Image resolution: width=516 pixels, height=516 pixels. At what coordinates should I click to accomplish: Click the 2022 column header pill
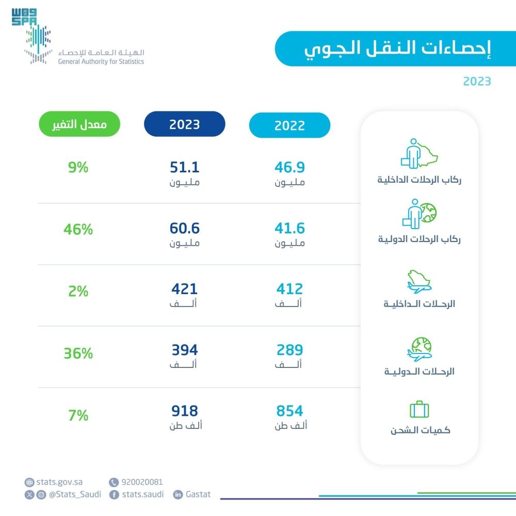point(289,125)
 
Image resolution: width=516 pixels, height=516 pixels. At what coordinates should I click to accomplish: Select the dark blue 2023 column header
point(184,124)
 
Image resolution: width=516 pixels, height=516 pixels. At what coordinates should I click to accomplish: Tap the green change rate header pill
point(79,124)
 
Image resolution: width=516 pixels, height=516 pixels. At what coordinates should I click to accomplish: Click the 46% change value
point(78,230)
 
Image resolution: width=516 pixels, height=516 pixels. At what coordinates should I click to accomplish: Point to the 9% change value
point(78,168)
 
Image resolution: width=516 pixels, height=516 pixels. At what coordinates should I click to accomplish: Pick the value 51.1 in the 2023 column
point(184,168)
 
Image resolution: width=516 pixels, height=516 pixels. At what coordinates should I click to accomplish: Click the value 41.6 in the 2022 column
point(289,229)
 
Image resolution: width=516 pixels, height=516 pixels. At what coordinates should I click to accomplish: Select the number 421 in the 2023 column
point(184,289)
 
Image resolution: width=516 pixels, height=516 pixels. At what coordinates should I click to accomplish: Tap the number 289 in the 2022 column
point(289,350)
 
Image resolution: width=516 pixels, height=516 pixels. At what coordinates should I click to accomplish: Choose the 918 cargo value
point(184,411)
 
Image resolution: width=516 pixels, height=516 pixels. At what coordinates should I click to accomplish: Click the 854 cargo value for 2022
point(289,411)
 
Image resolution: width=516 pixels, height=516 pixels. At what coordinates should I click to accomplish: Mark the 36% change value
point(78,353)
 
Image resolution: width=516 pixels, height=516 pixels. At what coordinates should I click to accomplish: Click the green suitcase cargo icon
point(419,410)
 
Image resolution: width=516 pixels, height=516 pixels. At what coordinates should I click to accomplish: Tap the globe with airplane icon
point(419,350)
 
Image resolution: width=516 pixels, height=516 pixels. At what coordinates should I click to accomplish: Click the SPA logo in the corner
point(24,17)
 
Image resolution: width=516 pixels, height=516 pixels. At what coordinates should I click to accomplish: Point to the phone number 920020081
point(142,482)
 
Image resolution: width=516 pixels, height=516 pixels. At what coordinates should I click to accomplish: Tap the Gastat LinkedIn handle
point(198,494)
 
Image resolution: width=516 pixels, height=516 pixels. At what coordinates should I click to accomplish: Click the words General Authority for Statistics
point(101,61)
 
